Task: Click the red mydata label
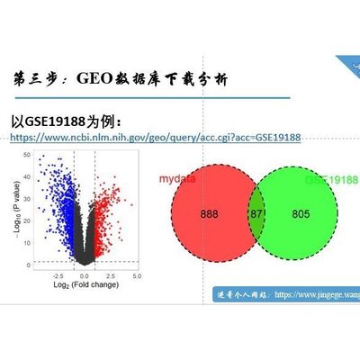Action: (177, 179)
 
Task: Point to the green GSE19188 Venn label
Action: (331, 179)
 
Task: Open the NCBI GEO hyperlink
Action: (154, 138)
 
